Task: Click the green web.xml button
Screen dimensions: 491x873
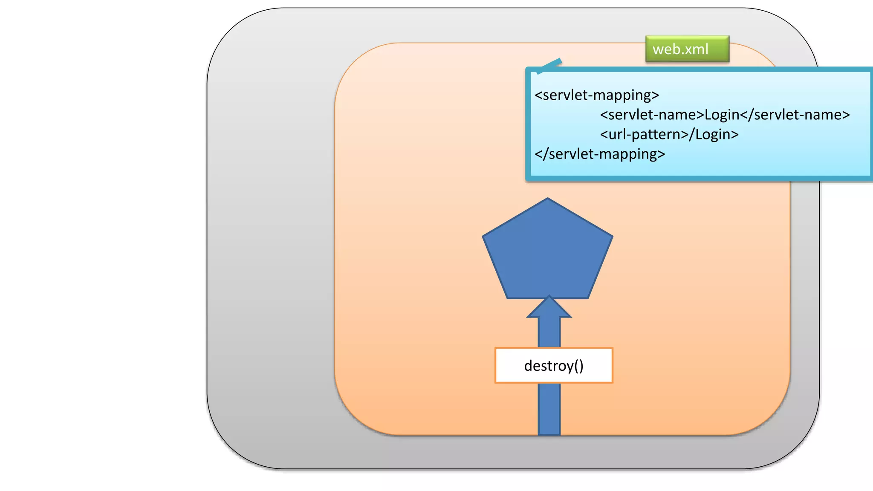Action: click(x=687, y=49)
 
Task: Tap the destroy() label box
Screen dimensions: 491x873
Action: click(x=553, y=365)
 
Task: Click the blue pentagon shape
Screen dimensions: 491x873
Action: click(x=547, y=251)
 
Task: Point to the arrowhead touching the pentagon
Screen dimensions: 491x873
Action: click(x=549, y=308)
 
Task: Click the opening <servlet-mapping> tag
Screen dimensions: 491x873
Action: click(x=597, y=95)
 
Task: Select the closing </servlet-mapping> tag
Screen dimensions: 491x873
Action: click(x=600, y=154)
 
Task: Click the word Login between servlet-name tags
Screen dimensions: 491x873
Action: click(x=722, y=115)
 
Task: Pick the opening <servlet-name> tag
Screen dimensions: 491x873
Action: click(x=652, y=115)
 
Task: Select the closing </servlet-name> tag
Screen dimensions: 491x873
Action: click(x=795, y=115)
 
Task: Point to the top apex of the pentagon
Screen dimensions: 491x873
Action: click(x=548, y=199)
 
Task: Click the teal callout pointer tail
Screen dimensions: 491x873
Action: click(x=550, y=66)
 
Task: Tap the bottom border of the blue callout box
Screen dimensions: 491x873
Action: click(x=699, y=179)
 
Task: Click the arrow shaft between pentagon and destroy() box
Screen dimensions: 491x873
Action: click(x=549, y=332)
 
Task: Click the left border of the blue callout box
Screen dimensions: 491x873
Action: click(x=528, y=124)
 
